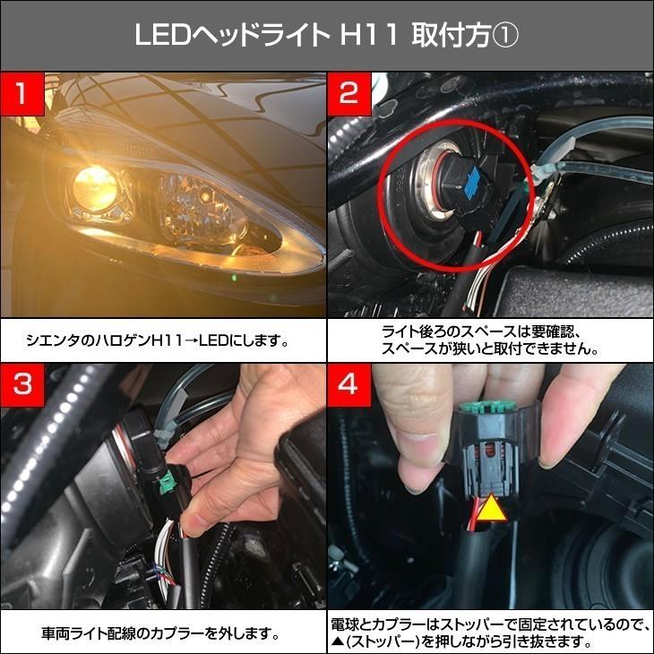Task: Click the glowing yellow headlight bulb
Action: click(91, 185)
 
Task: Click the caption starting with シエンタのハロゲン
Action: click(162, 342)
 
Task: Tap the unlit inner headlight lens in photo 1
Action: click(197, 202)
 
